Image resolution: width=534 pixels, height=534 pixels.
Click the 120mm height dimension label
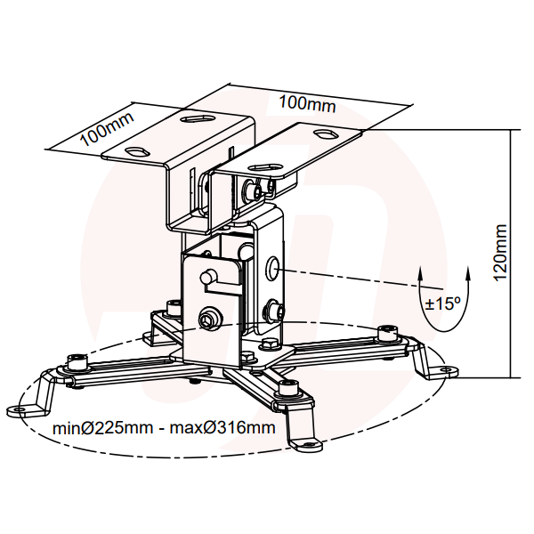tap(500, 252)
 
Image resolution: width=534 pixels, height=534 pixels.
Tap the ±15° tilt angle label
tap(442, 303)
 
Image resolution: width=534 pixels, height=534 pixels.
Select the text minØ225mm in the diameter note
tap(103, 428)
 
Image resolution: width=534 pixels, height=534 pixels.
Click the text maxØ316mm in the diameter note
tap(222, 428)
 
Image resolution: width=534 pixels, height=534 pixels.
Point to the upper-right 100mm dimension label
tap(307, 103)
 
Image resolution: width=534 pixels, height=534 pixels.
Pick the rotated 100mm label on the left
tap(107, 128)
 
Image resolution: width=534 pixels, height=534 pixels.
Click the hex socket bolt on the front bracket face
tap(208, 320)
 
